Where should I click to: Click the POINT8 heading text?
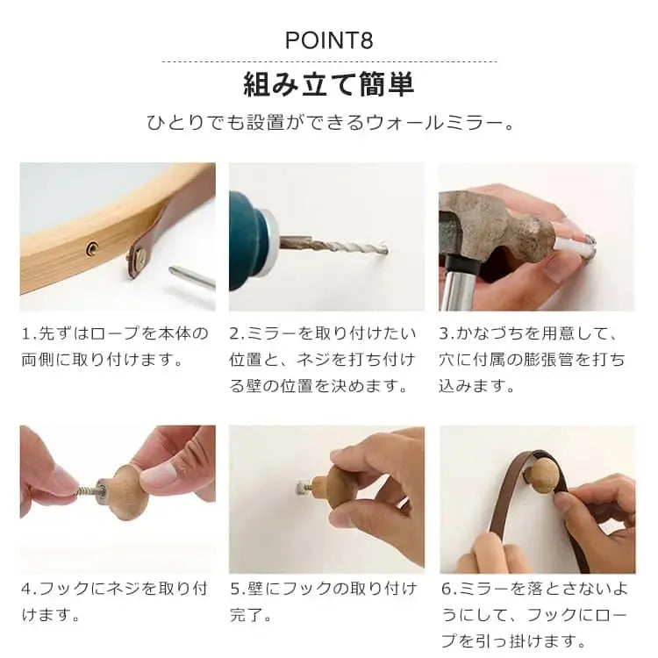point(329,40)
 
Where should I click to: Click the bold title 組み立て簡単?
point(329,84)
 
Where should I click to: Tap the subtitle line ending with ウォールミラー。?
point(330,123)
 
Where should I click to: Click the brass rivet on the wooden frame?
point(92,249)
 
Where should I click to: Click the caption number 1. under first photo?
point(28,334)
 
